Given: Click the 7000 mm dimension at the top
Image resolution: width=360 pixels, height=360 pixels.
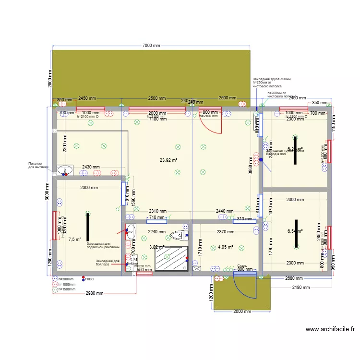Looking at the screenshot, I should [x=151, y=46].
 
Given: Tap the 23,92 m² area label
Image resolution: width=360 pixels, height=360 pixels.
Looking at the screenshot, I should [x=169, y=160].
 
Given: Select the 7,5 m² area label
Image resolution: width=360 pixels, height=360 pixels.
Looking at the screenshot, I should [x=74, y=239].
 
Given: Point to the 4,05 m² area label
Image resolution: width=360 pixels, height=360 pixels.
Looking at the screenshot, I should [x=225, y=247].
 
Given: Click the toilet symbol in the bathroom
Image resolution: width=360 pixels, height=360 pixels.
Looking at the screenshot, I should [x=178, y=235].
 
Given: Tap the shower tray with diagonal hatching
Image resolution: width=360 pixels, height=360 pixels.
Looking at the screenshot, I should [x=170, y=259].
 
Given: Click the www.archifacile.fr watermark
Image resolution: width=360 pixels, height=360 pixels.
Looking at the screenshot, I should [x=330, y=329].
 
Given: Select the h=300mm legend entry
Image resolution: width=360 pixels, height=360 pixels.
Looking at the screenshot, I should [x=64, y=279].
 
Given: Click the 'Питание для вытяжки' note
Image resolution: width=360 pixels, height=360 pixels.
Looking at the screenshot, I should [x=38, y=165].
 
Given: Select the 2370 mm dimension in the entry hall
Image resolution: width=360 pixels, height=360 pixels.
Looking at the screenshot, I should [x=225, y=231].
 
